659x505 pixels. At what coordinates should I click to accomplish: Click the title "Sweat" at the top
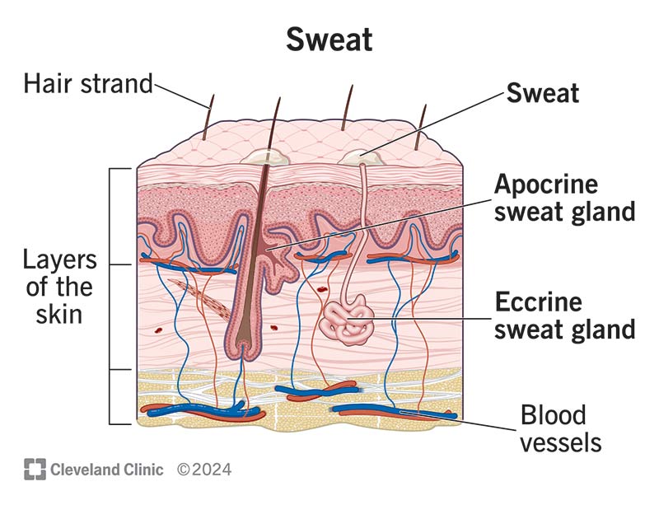pyautogui.click(x=329, y=39)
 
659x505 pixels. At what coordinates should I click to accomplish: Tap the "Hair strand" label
pyautogui.click(x=88, y=83)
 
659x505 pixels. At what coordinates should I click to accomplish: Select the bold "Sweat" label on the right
pyautogui.click(x=542, y=93)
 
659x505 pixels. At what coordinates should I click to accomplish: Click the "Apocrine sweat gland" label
pyautogui.click(x=564, y=198)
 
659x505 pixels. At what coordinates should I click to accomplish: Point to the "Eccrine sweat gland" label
pyautogui.click(x=564, y=316)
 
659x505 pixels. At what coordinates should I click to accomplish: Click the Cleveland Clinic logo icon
pyautogui.click(x=35, y=470)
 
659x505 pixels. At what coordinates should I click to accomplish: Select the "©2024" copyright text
pyautogui.click(x=203, y=470)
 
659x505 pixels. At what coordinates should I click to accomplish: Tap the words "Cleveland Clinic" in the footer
pyautogui.click(x=107, y=470)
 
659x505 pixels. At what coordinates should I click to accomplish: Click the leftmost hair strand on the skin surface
pyautogui.click(x=208, y=115)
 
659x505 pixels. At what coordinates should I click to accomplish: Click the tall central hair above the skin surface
pyautogui.click(x=273, y=124)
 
